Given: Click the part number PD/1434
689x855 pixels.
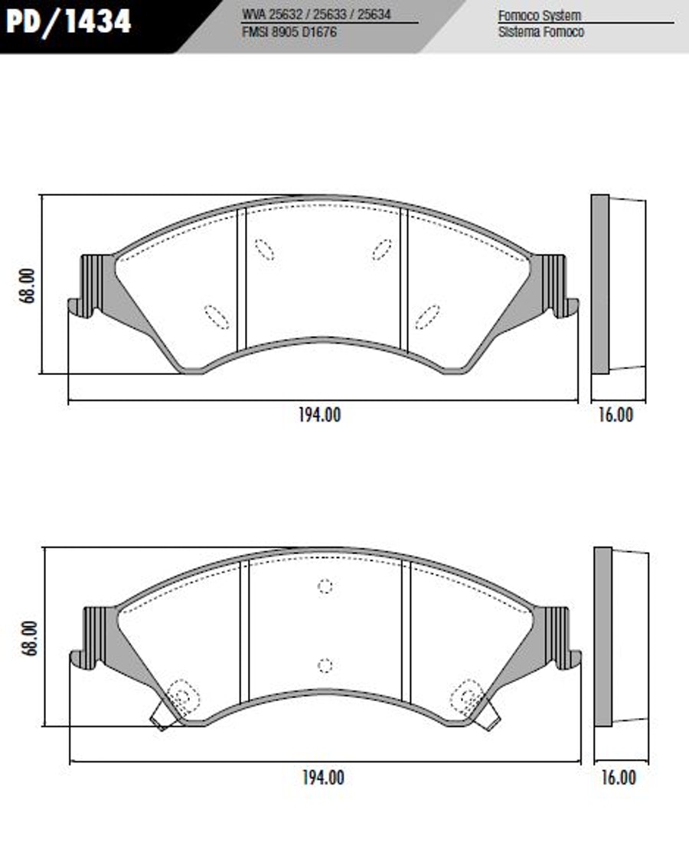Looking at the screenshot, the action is [68, 21].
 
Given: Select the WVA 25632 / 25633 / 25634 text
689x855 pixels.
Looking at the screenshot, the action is [316, 15].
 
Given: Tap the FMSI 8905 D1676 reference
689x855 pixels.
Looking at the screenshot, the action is [289, 31].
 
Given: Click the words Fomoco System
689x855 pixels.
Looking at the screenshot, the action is [540, 15].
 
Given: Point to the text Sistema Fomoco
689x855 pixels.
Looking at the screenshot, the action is [540, 31].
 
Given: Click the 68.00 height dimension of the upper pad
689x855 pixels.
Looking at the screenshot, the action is [27, 286].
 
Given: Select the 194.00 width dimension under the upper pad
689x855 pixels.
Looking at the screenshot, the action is [320, 415].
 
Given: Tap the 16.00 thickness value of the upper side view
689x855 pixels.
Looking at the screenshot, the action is [616, 415].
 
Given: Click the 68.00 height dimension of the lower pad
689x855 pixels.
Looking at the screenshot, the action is [29, 638].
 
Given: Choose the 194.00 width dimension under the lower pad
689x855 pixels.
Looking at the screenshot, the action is [323, 778].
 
